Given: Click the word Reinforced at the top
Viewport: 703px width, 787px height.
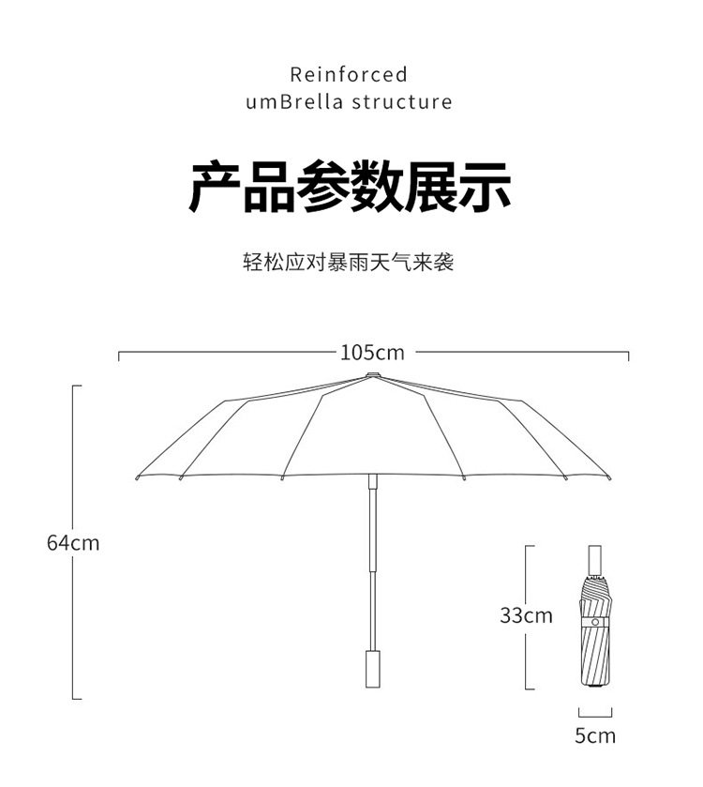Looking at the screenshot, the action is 349,74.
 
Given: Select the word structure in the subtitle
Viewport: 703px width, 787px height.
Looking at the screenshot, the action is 402,101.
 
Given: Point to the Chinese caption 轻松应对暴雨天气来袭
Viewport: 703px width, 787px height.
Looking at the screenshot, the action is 349,262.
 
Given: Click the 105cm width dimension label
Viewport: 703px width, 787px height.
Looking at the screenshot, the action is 372,353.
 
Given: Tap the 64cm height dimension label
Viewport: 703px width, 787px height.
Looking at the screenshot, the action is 73,542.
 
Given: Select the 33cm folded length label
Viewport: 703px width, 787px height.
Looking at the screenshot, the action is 526,615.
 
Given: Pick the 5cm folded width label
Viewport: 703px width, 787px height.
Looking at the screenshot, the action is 595,735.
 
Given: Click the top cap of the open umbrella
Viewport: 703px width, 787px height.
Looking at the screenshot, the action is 372,374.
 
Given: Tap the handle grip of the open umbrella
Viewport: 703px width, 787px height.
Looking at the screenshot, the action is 372,667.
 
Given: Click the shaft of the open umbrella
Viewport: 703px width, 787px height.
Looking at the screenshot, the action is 372,563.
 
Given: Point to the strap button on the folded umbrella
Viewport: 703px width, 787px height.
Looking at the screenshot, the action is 594,622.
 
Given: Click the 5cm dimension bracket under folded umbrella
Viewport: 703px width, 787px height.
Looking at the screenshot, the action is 590,713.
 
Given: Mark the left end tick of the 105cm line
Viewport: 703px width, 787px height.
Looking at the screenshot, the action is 119,355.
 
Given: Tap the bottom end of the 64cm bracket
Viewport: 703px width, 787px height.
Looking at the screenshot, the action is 75,698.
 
